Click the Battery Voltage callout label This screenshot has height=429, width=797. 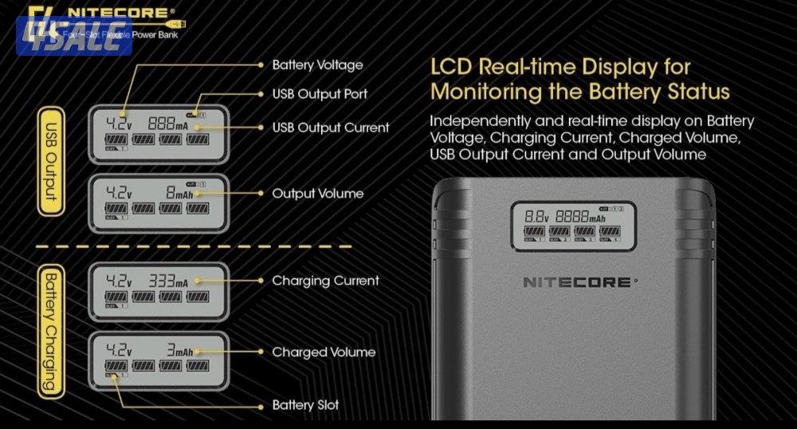pyautogui.click(x=317, y=65)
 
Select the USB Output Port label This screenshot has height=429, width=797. pyautogui.click(x=320, y=94)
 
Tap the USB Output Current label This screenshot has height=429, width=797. pyautogui.click(x=331, y=128)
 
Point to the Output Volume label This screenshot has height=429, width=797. pyautogui.click(x=317, y=194)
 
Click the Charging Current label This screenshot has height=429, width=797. pyautogui.click(x=325, y=281)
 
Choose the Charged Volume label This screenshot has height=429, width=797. pyautogui.click(x=324, y=352)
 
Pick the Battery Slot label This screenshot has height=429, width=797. pyautogui.click(x=305, y=405)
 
